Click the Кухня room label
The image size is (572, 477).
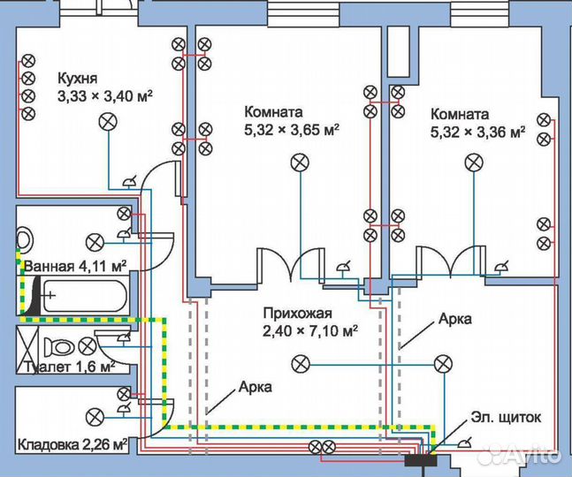click(77, 79)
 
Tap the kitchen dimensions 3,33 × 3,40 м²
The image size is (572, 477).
click(104, 96)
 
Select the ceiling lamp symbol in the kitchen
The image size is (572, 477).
click(109, 122)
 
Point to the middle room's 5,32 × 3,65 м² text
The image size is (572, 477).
click(292, 129)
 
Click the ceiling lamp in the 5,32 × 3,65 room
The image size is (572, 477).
click(300, 163)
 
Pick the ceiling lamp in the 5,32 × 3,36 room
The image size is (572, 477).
click(474, 163)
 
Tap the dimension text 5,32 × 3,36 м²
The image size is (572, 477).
click(478, 132)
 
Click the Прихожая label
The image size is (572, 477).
click(298, 314)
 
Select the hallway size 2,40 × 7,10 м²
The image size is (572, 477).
click(310, 331)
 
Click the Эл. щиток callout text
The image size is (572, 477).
click(506, 417)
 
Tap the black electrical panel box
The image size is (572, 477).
click(421, 460)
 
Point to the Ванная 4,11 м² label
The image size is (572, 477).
click(75, 266)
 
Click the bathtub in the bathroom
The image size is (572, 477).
click(85, 296)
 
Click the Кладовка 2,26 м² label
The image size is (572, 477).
click(72, 444)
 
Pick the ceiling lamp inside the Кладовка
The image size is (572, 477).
click(95, 417)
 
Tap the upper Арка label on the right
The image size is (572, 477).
click(455, 319)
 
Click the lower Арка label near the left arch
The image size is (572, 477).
click(255, 387)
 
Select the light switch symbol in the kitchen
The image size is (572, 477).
click(129, 181)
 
